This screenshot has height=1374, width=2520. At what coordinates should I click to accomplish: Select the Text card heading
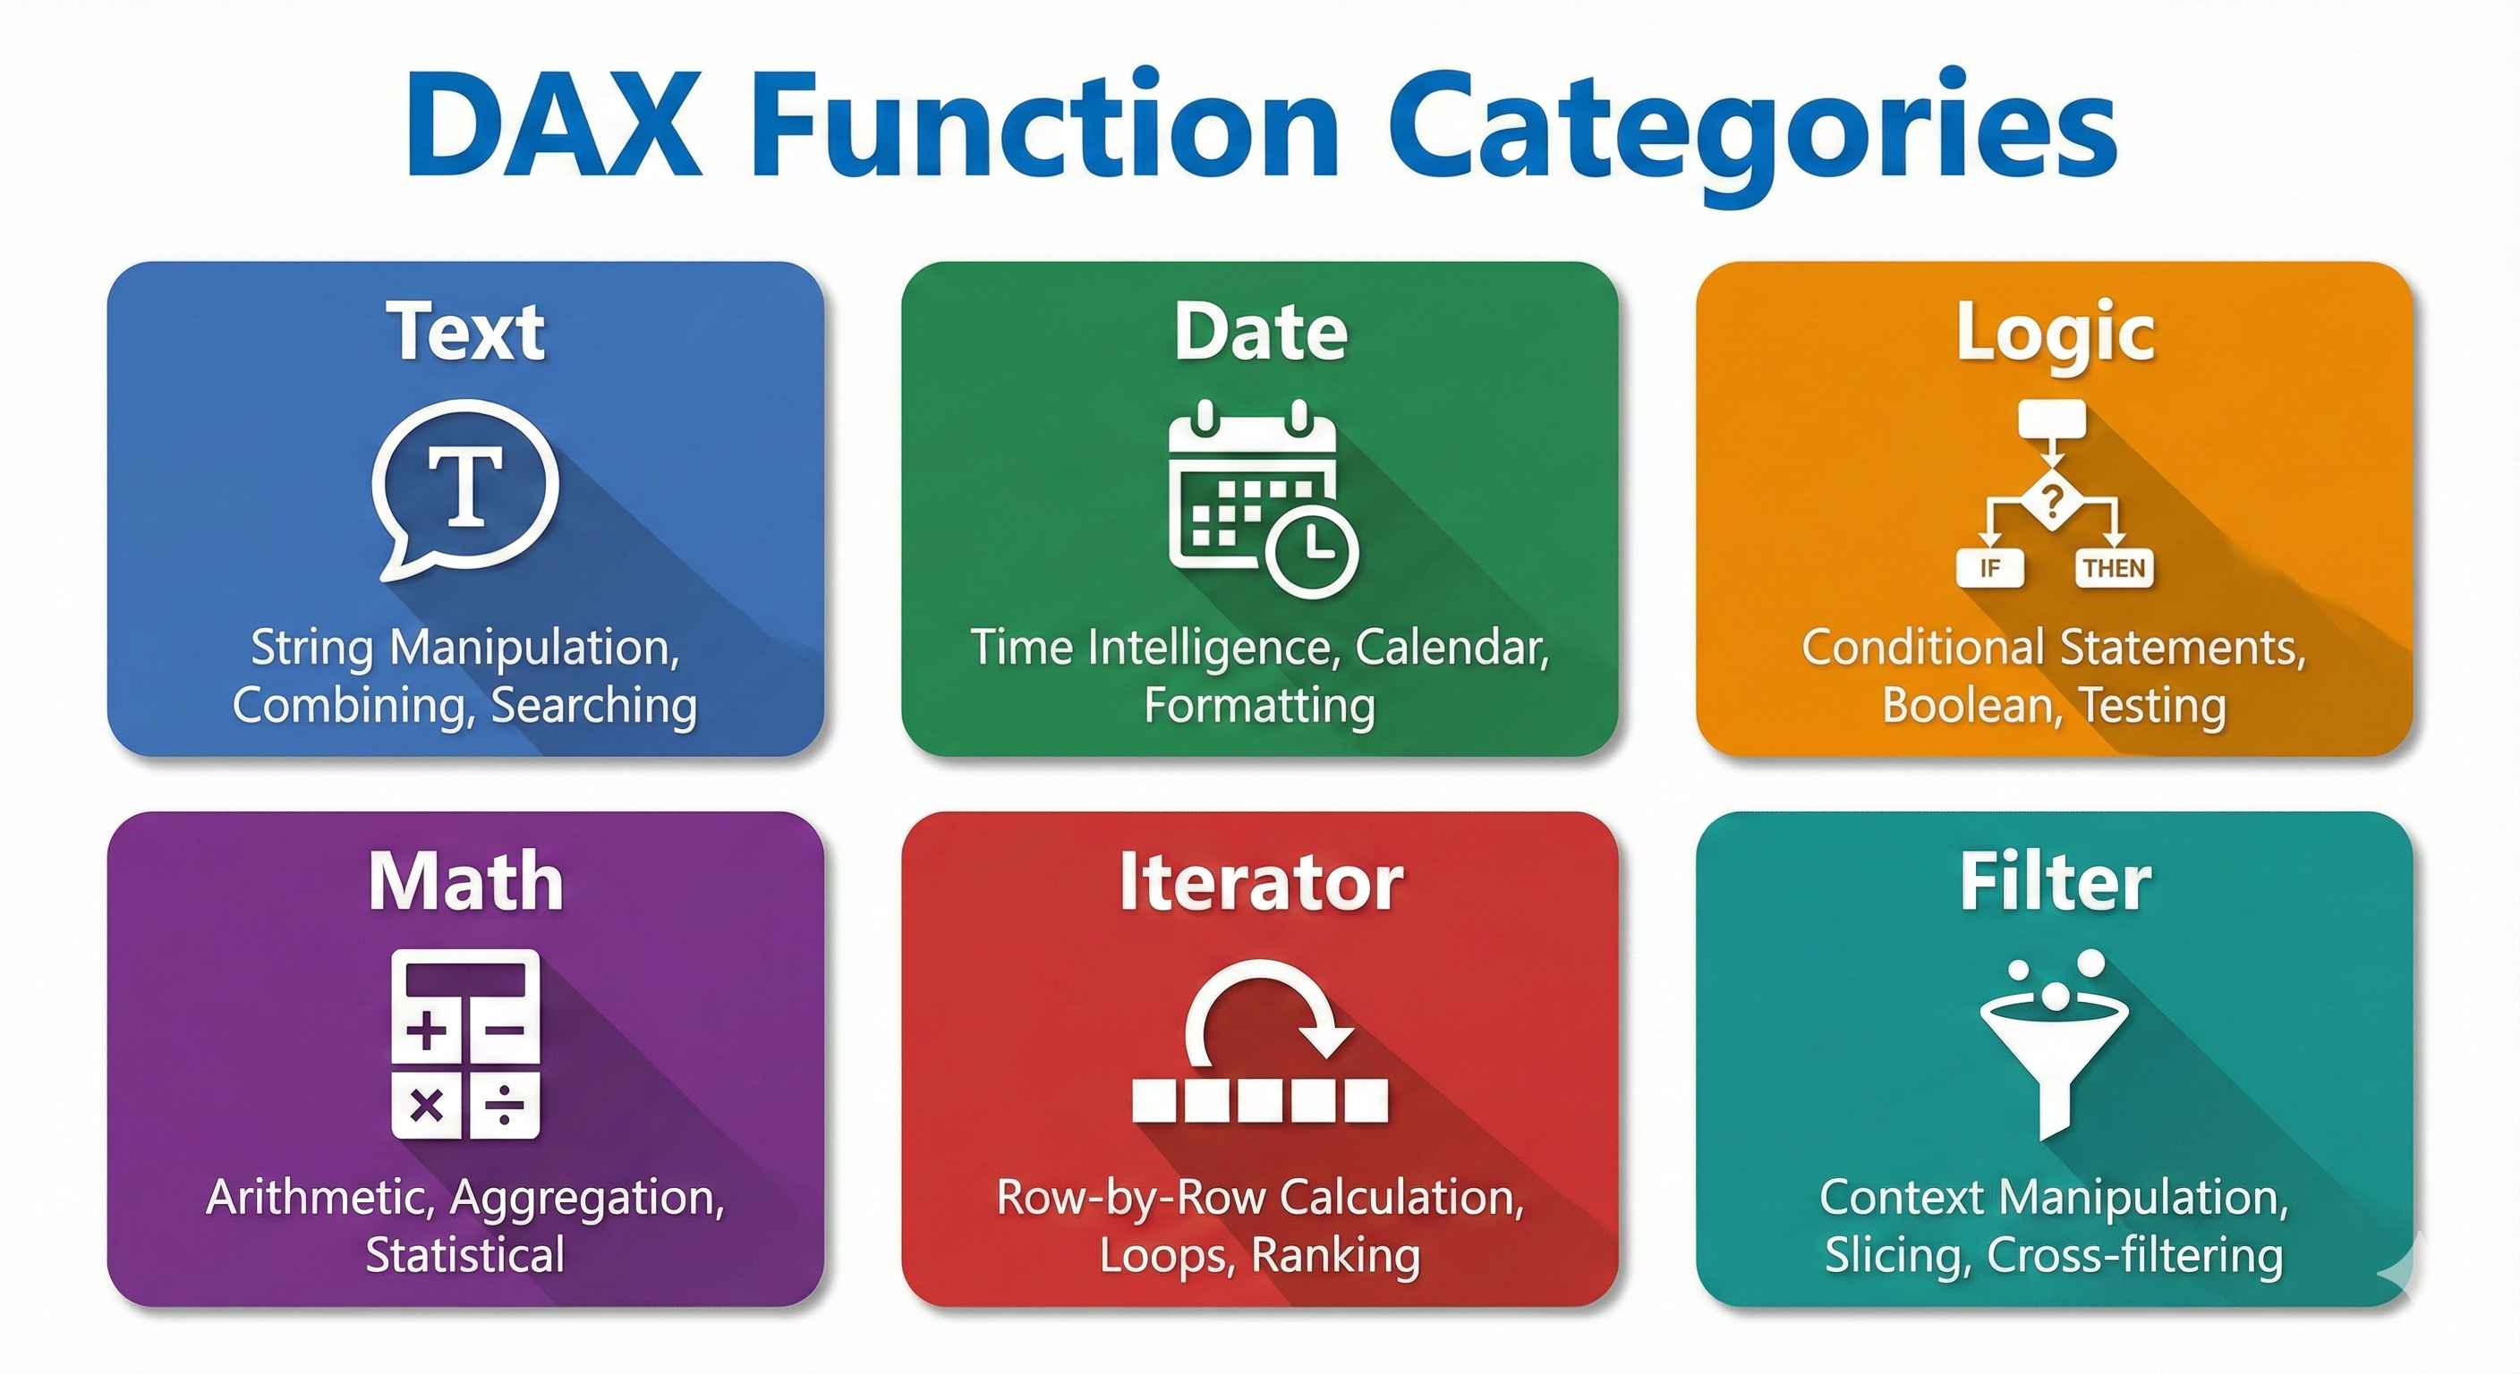click(465, 332)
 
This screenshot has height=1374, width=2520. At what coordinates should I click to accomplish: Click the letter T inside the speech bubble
click(466, 486)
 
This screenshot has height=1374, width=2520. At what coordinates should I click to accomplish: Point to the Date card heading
click(1260, 332)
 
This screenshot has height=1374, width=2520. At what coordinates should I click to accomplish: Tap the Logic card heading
click(2055, 333)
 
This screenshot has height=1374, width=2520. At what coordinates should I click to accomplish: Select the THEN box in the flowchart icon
click(2114, 568)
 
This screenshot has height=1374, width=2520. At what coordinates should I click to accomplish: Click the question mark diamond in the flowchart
click(2052, 502)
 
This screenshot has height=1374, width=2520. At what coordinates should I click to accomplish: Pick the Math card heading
click(465, 881)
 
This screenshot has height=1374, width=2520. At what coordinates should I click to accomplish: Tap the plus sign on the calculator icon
click(427, 1030)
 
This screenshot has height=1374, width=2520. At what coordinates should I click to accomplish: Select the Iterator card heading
click(1260, 882)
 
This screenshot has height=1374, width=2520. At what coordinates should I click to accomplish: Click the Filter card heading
click(2055, 881)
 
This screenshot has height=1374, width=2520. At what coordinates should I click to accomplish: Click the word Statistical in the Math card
click(465, 1255)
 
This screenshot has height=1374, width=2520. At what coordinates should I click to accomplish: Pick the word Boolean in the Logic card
click(1965, 705)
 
